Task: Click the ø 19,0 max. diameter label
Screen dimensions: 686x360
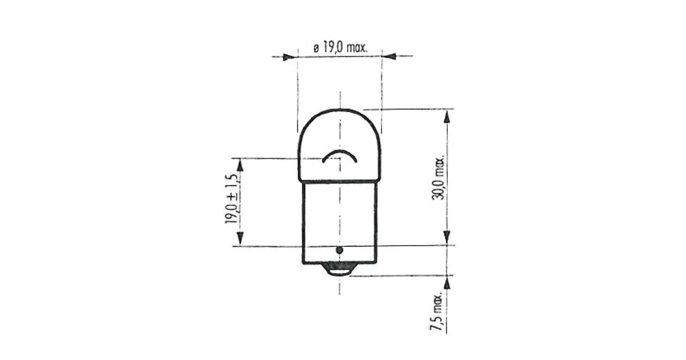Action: point(341,47)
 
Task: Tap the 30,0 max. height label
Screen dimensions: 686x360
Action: point(438,177)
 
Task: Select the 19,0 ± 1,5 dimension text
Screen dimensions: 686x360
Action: point(231,198)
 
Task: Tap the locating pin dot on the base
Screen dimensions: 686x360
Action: point(339,251)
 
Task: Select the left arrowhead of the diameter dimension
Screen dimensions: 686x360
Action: point(287,57)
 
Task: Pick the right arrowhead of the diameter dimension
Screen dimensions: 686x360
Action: point(390,56)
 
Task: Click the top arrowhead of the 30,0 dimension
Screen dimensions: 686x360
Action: point(447,117)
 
